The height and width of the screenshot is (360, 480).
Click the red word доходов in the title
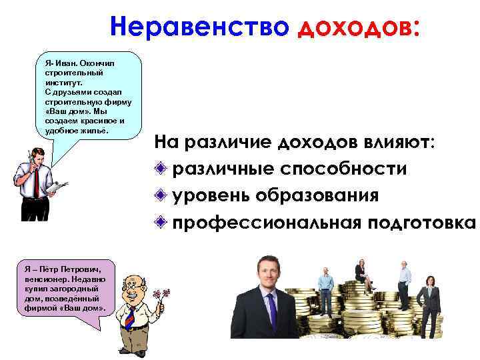click(357, 27)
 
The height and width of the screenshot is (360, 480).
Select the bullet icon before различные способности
click(161, 169)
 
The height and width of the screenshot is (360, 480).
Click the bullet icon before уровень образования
click(161, 196)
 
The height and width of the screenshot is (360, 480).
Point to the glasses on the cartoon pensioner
click(133, 285)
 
